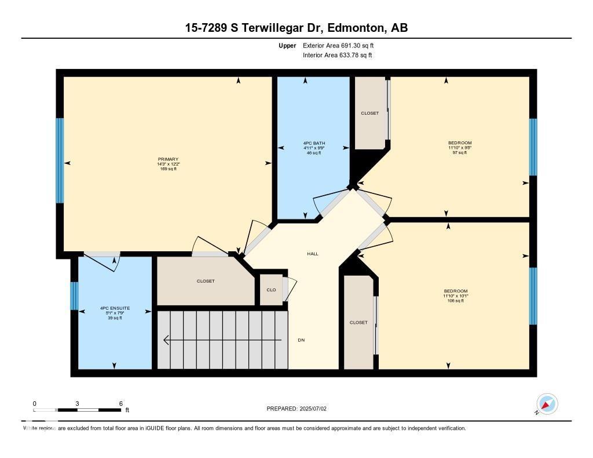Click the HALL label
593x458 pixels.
(313, 254)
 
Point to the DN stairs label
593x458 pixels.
(301, 340)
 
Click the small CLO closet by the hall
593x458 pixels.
(271, 290)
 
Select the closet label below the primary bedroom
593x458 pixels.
(206, 281)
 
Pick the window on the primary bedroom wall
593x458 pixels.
(59, 160)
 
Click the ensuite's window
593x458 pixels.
(74, 295)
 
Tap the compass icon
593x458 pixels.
(547, 404)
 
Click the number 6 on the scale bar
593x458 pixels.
(120, 403)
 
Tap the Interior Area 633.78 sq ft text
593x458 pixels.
(337, 55)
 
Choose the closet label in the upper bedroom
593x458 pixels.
(369, 113)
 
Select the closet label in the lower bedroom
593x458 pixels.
(358, 323)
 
